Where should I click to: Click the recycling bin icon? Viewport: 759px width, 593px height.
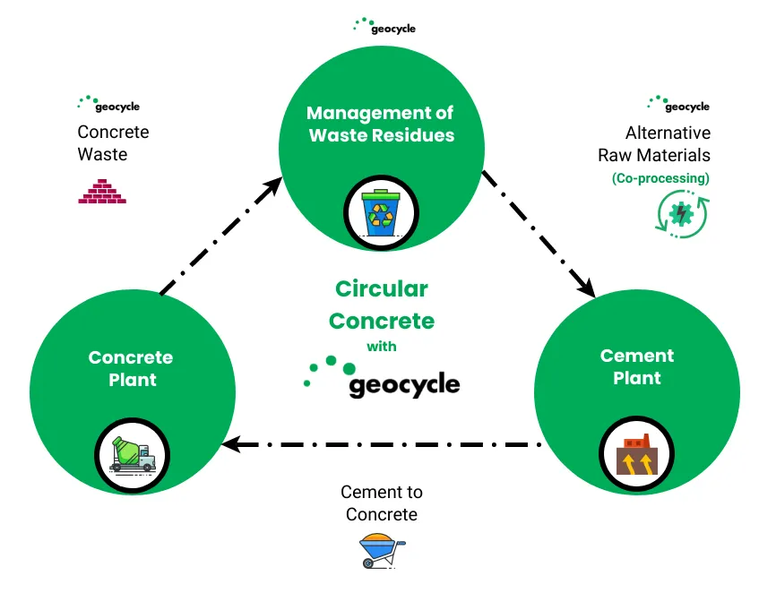[x=381, y=212]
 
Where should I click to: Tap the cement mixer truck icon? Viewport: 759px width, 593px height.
[x=132, y=454]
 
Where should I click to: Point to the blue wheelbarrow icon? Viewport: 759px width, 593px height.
[x=382, y=550]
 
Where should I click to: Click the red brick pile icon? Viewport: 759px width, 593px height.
[x=102, y=191]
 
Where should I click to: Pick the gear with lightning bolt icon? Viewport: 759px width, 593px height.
[x=682, y=214]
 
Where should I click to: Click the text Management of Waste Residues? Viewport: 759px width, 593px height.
[x=381, y=124]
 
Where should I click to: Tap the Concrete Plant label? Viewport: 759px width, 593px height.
[x=131, y=368]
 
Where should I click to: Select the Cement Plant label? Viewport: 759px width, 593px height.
[x=636, y=366]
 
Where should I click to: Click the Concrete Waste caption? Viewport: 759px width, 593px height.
[x=113, y=143]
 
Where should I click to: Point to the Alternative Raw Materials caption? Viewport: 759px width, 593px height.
[x=654, y=143]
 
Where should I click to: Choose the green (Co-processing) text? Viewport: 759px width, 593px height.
[x=660, y=178]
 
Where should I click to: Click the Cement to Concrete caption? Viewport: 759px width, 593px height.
[x=382, y=503]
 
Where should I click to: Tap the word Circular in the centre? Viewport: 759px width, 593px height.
[x=382, y=288]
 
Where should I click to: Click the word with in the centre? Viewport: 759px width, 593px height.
[x=382, y=347]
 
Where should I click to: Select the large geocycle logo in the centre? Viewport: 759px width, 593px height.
[x=382, y=378]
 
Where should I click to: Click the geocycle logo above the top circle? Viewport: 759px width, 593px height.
[x=384, y=27]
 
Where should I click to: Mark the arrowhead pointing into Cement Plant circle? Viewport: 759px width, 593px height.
[x=587, y=288]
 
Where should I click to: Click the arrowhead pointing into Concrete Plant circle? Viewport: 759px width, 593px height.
[x=231, y=444]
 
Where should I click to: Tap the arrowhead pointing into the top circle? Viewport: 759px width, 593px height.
[x=273, y=185]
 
